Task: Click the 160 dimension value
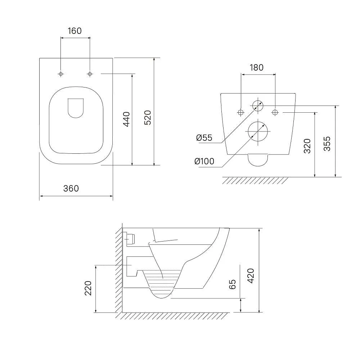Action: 75,31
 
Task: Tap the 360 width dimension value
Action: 71,189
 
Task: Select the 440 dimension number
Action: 126,119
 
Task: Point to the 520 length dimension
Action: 148,118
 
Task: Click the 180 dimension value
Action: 256,68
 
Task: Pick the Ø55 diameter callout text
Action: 204,138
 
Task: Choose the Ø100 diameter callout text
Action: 204,161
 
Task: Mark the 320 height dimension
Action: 307,146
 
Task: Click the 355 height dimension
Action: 327,144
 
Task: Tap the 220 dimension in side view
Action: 88,288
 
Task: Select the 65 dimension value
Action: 232,284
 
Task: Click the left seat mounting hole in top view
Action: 60,74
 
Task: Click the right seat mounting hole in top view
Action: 90,74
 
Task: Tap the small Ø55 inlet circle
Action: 258,106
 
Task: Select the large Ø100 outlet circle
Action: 258,131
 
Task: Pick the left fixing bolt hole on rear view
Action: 240,112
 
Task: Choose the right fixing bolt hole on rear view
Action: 275,112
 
